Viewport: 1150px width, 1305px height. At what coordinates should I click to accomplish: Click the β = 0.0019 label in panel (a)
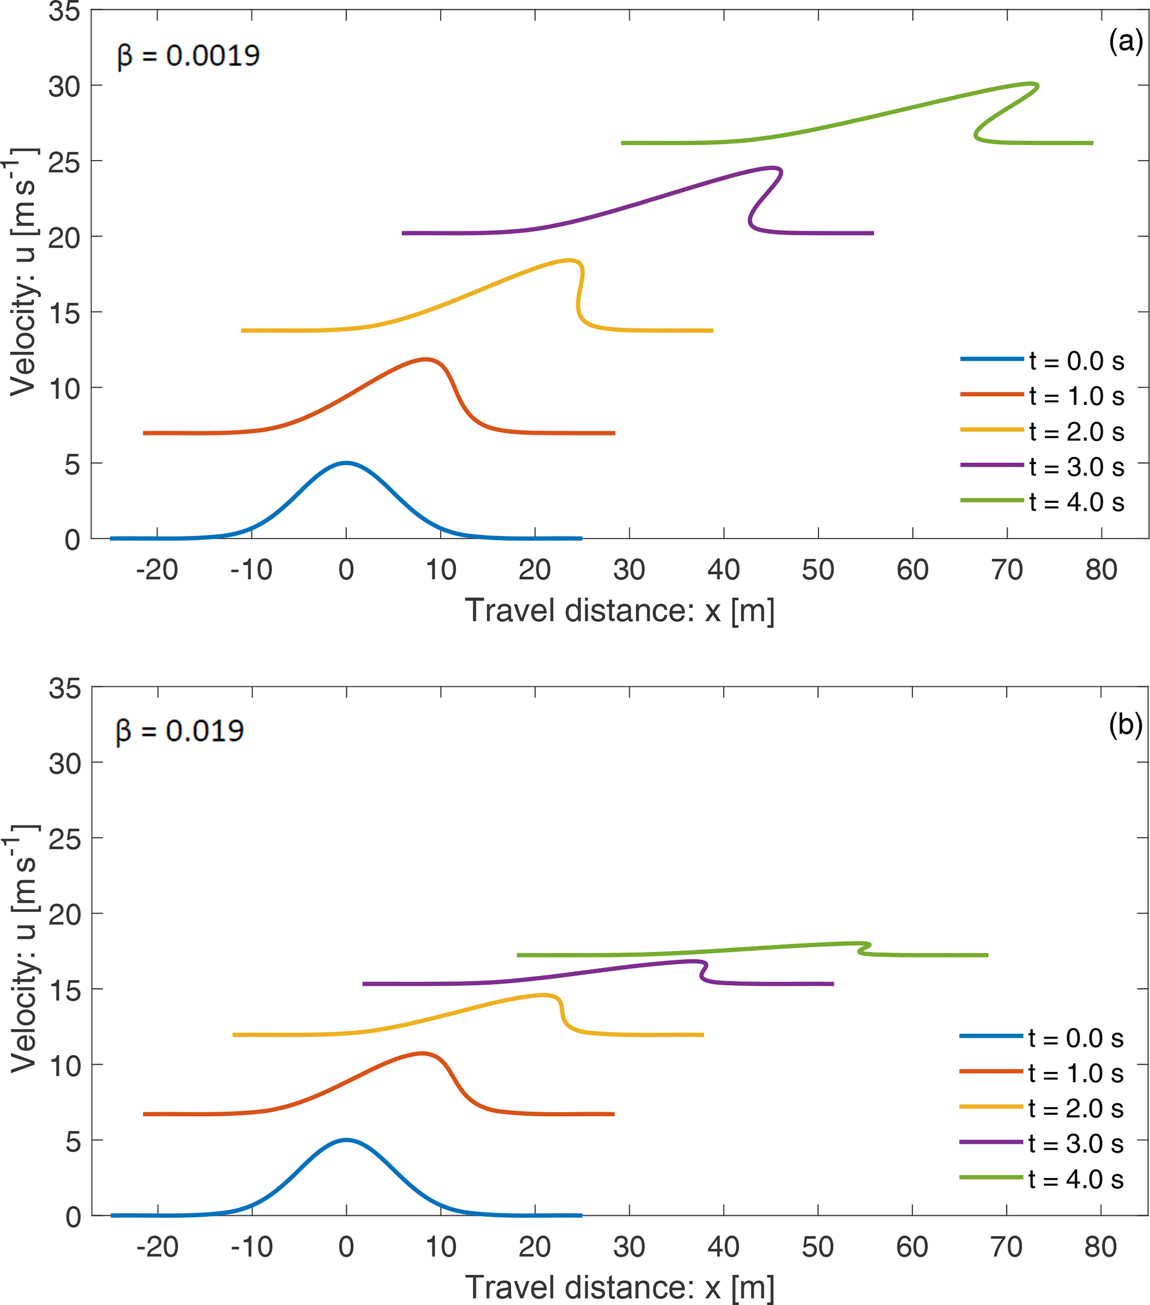189,56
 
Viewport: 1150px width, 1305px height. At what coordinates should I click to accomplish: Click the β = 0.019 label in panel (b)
180,731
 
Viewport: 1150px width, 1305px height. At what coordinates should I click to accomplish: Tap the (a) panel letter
1125,42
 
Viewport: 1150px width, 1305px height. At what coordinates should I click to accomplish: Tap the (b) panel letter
1125,725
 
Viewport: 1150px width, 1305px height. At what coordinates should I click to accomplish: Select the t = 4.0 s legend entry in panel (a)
1043,502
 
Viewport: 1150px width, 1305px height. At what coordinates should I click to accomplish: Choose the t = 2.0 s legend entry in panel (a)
1043,432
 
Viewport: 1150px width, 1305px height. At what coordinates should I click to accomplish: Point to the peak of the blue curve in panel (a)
346,463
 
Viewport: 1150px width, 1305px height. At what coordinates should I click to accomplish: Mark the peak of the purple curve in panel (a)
773,168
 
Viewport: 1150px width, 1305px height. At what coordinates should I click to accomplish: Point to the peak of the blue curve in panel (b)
346,1140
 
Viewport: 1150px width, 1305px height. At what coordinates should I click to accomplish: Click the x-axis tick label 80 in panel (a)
1101,570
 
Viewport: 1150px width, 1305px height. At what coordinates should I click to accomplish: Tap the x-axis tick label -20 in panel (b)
157,1247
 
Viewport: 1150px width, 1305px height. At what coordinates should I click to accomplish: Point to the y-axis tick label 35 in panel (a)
65,12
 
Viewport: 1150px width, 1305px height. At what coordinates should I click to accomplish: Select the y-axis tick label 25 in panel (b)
65,839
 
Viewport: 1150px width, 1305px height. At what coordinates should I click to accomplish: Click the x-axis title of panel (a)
619,610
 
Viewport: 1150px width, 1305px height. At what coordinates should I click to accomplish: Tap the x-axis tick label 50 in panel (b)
817,1247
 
